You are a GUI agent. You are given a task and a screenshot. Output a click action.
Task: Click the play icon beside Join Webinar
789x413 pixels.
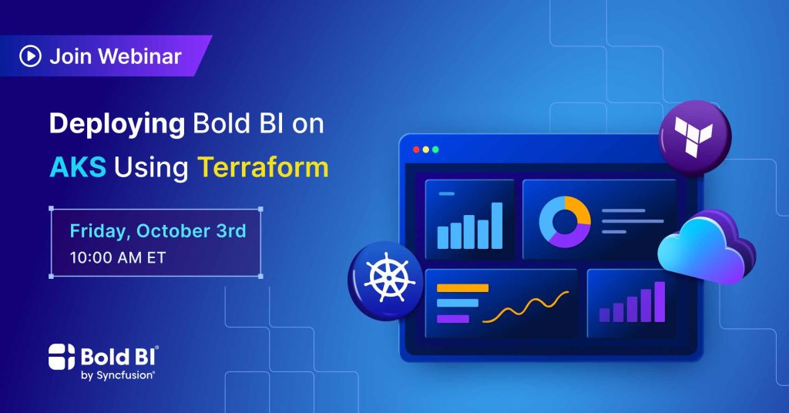click(x=30, y=55)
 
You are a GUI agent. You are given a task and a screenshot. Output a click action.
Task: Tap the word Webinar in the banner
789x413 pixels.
click(x=140, y=55)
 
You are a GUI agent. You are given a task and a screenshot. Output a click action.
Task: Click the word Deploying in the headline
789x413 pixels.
click(x=117, y=124)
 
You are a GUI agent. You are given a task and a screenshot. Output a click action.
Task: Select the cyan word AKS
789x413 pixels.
click(x=78, y=167)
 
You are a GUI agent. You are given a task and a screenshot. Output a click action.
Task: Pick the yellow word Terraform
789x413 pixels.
click(x=263, y=167)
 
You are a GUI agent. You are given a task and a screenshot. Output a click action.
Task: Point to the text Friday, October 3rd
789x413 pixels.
click(x=157, y=231)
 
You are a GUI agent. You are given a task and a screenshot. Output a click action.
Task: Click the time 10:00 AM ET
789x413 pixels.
click(x=117, y=257)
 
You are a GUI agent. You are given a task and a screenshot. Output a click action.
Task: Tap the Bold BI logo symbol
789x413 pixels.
click(x=62, y=357)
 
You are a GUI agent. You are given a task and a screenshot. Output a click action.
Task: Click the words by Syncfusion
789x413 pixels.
click(x=117, y=375)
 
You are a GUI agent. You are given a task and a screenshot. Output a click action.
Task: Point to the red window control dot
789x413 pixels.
click(x=416, y=149)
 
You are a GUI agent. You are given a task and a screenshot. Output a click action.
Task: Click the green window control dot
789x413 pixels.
click(x=435, y=149)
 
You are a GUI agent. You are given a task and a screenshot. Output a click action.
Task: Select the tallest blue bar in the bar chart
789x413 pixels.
click(x=497, y=225)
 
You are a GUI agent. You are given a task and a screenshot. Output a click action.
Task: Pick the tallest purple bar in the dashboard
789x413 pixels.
click(x=660, y=301)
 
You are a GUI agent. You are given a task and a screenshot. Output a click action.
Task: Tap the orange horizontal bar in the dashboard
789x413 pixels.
click(x=462, y=287)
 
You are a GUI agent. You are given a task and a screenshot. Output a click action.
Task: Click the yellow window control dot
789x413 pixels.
click(x=425, y=149)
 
